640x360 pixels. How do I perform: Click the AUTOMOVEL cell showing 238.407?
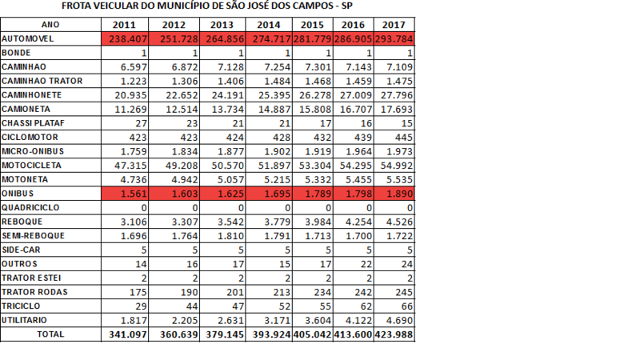(x=126, y=39)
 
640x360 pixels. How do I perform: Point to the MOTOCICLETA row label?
(x=30, y=166)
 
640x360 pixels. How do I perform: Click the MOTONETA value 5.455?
(x=359, y=180)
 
